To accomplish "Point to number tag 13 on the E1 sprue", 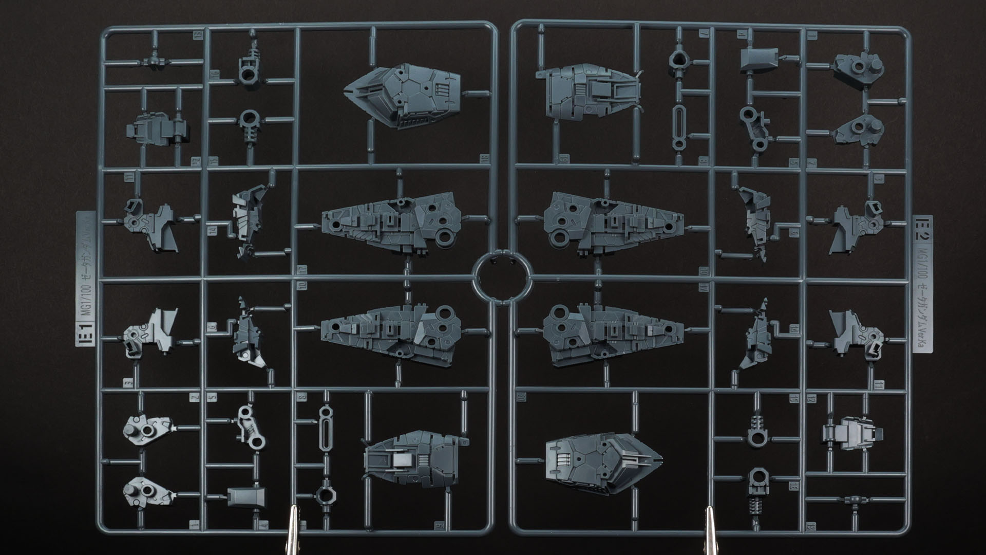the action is [x=197, y=35].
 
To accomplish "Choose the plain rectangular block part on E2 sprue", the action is [x=759, y=61].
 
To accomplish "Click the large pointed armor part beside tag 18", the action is [x=403, y=95].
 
